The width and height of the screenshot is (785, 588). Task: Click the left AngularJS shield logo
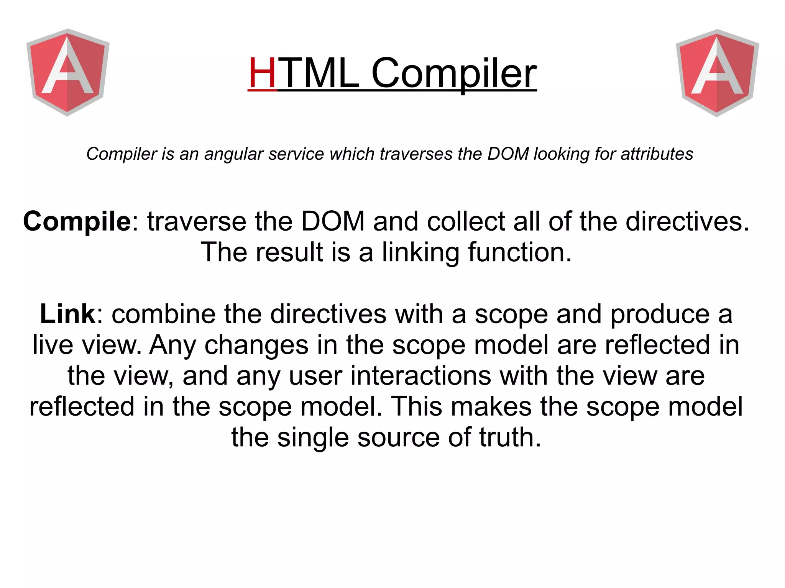(68, 72)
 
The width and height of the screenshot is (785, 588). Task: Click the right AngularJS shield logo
(717, 72)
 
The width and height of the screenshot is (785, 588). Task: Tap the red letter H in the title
(263, 73)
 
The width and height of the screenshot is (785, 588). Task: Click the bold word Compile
(77, 221)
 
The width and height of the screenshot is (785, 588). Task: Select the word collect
(466, 221)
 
